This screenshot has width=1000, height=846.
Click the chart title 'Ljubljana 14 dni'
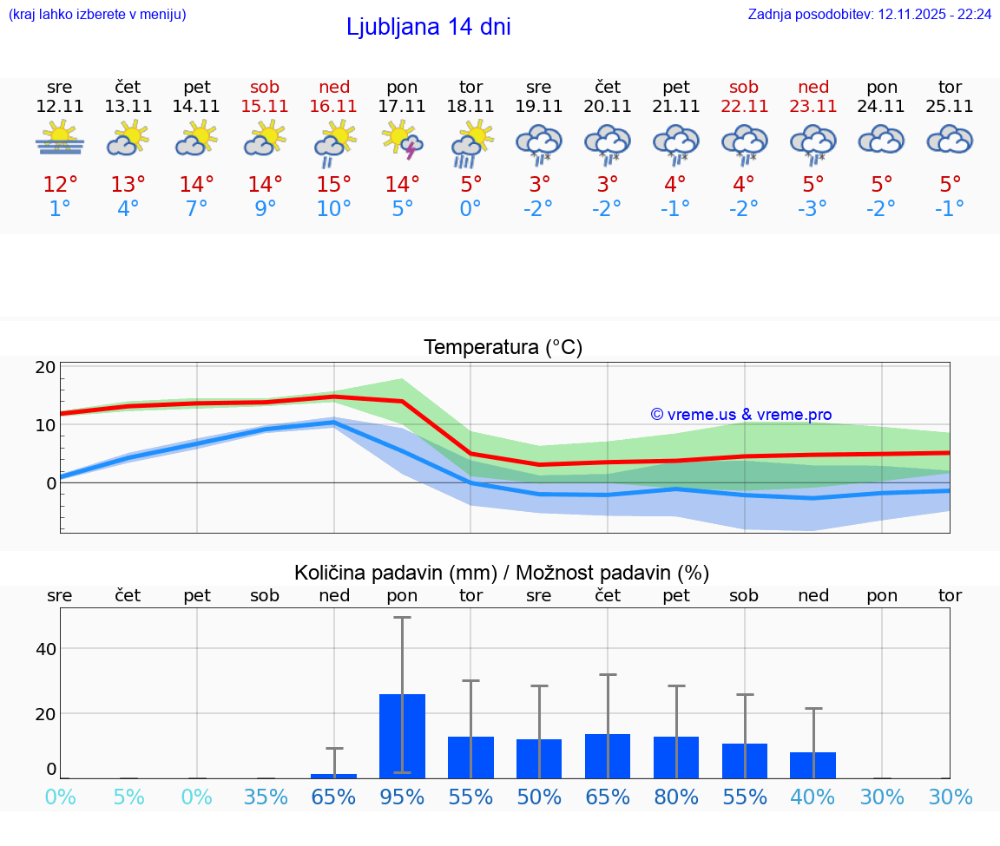428,27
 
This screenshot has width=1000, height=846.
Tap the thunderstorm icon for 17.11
402,140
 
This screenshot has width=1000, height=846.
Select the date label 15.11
265,106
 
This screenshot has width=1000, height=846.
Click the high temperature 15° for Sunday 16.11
334,185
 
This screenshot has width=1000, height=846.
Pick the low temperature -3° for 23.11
812,209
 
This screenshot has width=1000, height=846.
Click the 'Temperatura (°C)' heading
503,348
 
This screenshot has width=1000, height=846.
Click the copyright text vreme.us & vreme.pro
740,415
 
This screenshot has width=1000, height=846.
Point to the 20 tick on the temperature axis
45,368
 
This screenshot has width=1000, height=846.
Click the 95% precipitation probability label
402,797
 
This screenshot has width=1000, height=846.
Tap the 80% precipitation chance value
676,797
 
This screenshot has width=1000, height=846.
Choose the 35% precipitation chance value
266,797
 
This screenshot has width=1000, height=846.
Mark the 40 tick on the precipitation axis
45,649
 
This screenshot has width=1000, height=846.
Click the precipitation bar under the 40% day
812,765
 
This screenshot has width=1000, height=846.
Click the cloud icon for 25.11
950,140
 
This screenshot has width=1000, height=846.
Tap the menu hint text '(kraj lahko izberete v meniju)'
97,14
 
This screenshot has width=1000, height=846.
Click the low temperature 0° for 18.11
470,209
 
